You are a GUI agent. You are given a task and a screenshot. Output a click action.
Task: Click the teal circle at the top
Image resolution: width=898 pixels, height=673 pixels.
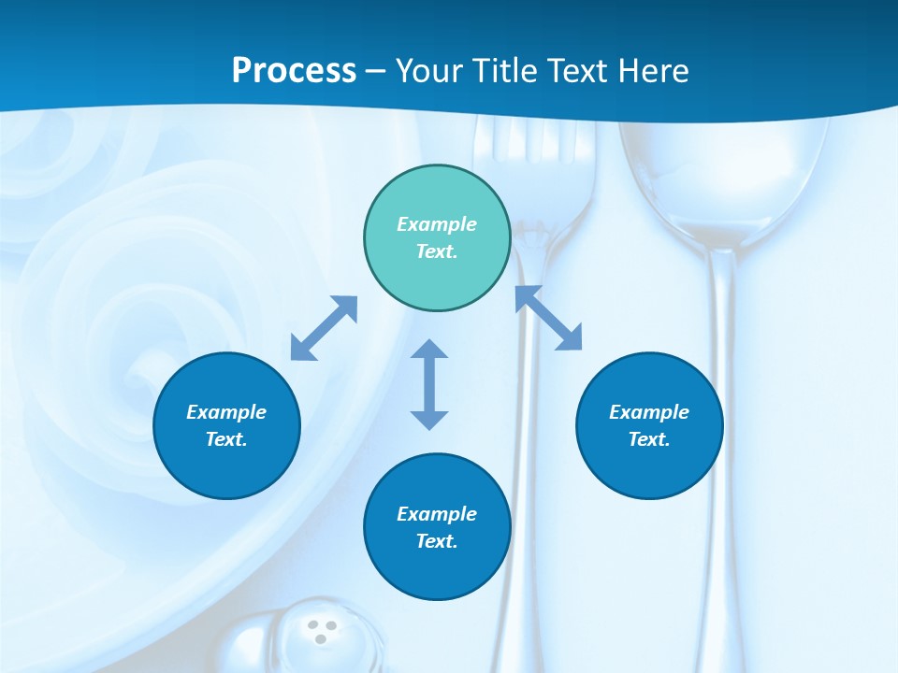[x=437, y=238]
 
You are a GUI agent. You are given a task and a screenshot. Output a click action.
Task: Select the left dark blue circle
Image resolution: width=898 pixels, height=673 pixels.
[x=226, y=425]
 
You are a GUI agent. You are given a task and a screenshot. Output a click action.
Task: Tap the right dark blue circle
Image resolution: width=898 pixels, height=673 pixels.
[x=649, y=425]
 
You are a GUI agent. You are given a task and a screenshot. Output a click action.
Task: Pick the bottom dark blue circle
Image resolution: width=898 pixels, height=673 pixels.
[x=437, y=526]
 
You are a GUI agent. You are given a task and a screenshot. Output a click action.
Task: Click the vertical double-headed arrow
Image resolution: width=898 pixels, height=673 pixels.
[x=429, y=384]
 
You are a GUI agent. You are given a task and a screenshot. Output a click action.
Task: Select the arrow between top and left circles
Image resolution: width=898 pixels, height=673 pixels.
[x=324, y=328]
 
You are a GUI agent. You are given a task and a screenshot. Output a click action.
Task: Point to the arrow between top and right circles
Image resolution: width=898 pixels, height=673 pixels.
[x=549, y=318]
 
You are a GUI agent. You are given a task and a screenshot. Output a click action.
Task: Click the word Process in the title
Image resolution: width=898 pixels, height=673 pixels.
[x=294, y=71]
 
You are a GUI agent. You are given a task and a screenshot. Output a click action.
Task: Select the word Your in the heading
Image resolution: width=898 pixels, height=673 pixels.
[x=427, y=71]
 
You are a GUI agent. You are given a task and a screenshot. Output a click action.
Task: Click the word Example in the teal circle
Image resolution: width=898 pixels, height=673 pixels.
[x=437, y=224]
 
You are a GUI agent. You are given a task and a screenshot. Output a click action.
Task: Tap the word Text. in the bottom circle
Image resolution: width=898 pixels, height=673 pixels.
[x=437, y=541]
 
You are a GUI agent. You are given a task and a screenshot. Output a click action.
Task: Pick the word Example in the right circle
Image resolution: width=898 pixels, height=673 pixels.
[x=649, y=412]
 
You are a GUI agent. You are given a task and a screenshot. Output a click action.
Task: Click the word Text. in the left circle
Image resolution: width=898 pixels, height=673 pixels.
[x=226, y=439]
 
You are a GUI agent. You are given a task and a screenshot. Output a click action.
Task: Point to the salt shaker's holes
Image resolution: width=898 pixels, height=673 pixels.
[x=322, y=631]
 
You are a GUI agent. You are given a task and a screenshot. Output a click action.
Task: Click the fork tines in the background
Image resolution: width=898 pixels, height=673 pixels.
[x=533, y=150]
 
